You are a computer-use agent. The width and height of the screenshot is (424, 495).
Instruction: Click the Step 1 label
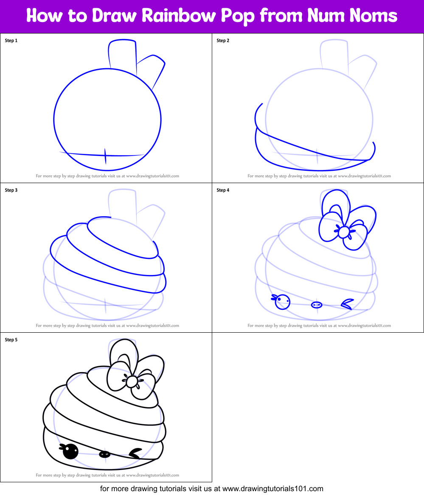click(x=11, y=41)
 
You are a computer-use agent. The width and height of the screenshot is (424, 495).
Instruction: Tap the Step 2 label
click(x=223, y=41)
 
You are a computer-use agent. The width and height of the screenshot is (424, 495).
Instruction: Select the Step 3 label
click(x=11, y=190)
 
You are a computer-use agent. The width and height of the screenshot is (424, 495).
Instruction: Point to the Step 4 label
click(x=223, y=190)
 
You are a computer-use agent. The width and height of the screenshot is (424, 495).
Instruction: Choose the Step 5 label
click(x=11, y=340)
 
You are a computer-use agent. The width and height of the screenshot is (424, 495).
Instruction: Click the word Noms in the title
click(x=373, y=16)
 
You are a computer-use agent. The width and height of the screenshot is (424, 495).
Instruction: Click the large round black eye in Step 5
click(x=70, y=452)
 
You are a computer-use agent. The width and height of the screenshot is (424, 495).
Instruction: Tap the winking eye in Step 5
click(x=136, y=454)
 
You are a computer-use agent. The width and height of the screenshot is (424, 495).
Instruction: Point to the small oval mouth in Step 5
click(x=104, y=454)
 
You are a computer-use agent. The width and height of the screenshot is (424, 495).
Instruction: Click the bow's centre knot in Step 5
click(x=132, y=381)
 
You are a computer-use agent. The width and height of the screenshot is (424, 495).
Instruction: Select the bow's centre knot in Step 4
click(x=344, y=232)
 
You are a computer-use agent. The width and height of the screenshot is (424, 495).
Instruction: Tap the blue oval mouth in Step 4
click(x=317, y=305)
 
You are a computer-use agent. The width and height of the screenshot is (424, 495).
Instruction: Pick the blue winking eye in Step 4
click(x=348, y=303)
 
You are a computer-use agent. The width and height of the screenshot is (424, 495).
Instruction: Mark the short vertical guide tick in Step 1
click(x=106, y=157)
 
